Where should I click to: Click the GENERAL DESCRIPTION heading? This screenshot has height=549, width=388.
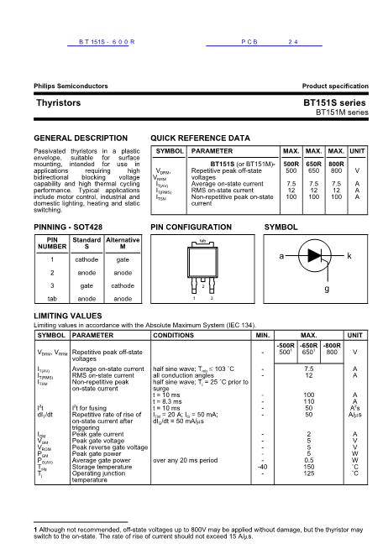pyautogui.click(x=80, y=137)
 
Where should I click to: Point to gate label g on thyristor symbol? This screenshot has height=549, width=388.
pyautogui.click(x=327, y=288)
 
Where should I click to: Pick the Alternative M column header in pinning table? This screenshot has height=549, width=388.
pyautogui.click(x=123, y=244)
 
